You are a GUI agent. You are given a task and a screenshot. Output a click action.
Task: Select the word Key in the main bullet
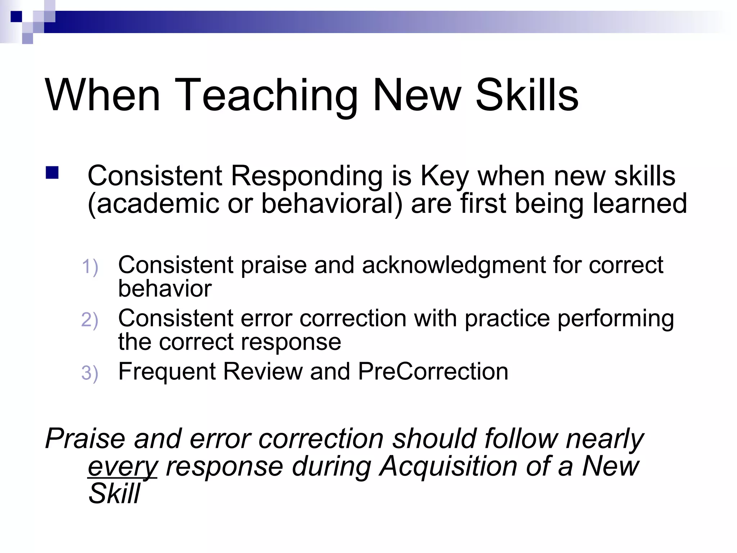tap(445, 176)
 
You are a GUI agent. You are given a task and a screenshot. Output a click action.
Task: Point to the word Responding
tap(306, 176)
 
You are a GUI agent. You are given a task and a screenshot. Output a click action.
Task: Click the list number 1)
tap(90, 267)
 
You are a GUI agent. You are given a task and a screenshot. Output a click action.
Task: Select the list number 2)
tap(90, 320)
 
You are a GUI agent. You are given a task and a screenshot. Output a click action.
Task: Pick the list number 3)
tap(90, 373)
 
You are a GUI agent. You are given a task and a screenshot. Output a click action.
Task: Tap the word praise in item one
tap(273, 266)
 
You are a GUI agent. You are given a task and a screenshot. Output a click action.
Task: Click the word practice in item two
tap(507, 319)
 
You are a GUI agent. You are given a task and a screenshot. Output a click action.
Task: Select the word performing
tap(616, 319)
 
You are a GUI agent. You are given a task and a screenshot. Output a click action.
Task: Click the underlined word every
tap(123, 467)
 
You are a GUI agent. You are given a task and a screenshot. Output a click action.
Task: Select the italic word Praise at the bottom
tap(86, 439)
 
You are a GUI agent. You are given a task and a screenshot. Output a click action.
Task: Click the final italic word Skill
tap(114, 494)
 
